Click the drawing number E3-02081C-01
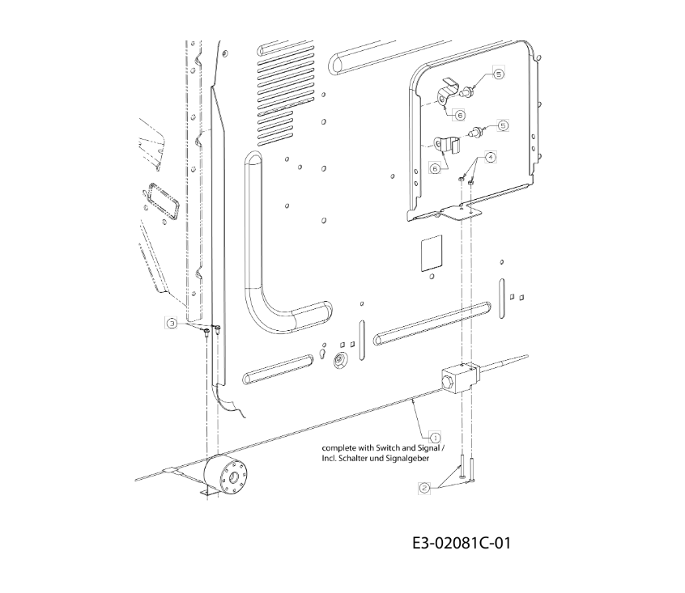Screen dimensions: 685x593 pyautogui.click(x=462, y=544)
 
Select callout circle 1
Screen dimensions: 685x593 pyautogui.click(x=435, y=437)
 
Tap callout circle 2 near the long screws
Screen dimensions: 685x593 pyautogui.click(x=424, y=488)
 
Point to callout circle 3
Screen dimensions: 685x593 pyautogui.click(x=172, y=324)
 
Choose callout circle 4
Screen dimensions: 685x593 pyautogui.click(x=491, y=157)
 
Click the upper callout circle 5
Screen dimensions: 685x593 pyautogui.click(x=499, y=74)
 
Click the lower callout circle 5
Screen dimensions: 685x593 pyautogui.click(x=504, y=125)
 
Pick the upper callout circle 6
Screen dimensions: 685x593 pyautogui.click(x=460, y=115)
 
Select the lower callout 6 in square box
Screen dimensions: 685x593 pyautogui.click(x=435, y=168)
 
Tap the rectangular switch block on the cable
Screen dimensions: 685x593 pyautogui.click(x=461, y=376)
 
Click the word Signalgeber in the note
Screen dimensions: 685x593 pyautogui.click(x=407, y=458)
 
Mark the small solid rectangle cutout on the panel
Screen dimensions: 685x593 pyautogui.click(x=432, y=253)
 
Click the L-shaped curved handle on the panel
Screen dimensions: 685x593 pyautogui.click(x=279, y=257)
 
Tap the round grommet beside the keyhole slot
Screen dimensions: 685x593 pyautogui.click(x=338, y=361)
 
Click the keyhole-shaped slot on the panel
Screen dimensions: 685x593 pyautogui.click(x=322, y=353)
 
